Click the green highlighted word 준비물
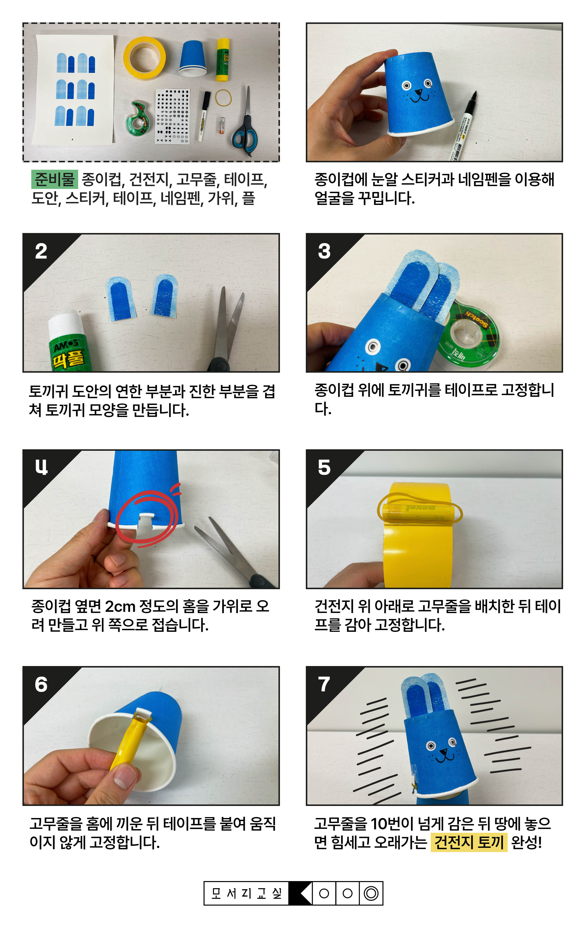[x=55, y=179]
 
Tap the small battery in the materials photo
[x=222, y=126]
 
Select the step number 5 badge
[x=324, y=467]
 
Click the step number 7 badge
[x=324, y=684]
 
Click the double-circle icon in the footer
[x=371, y=893]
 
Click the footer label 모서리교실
[x=246, y=893]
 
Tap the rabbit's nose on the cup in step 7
[x=443, y=753]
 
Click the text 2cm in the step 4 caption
[x=120, y=606]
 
